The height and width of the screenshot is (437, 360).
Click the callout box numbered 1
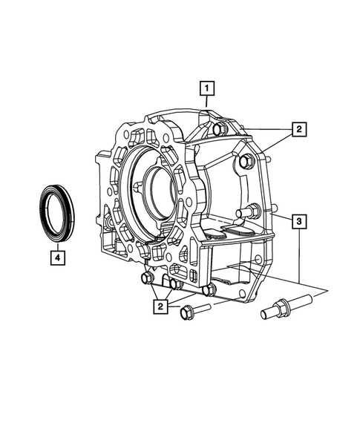coord(208,91)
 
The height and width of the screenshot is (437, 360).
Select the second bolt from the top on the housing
coord(246,162)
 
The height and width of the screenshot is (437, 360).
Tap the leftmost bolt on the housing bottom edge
coord(147,279)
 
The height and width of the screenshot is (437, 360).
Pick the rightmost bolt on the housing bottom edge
coord(210,289)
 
